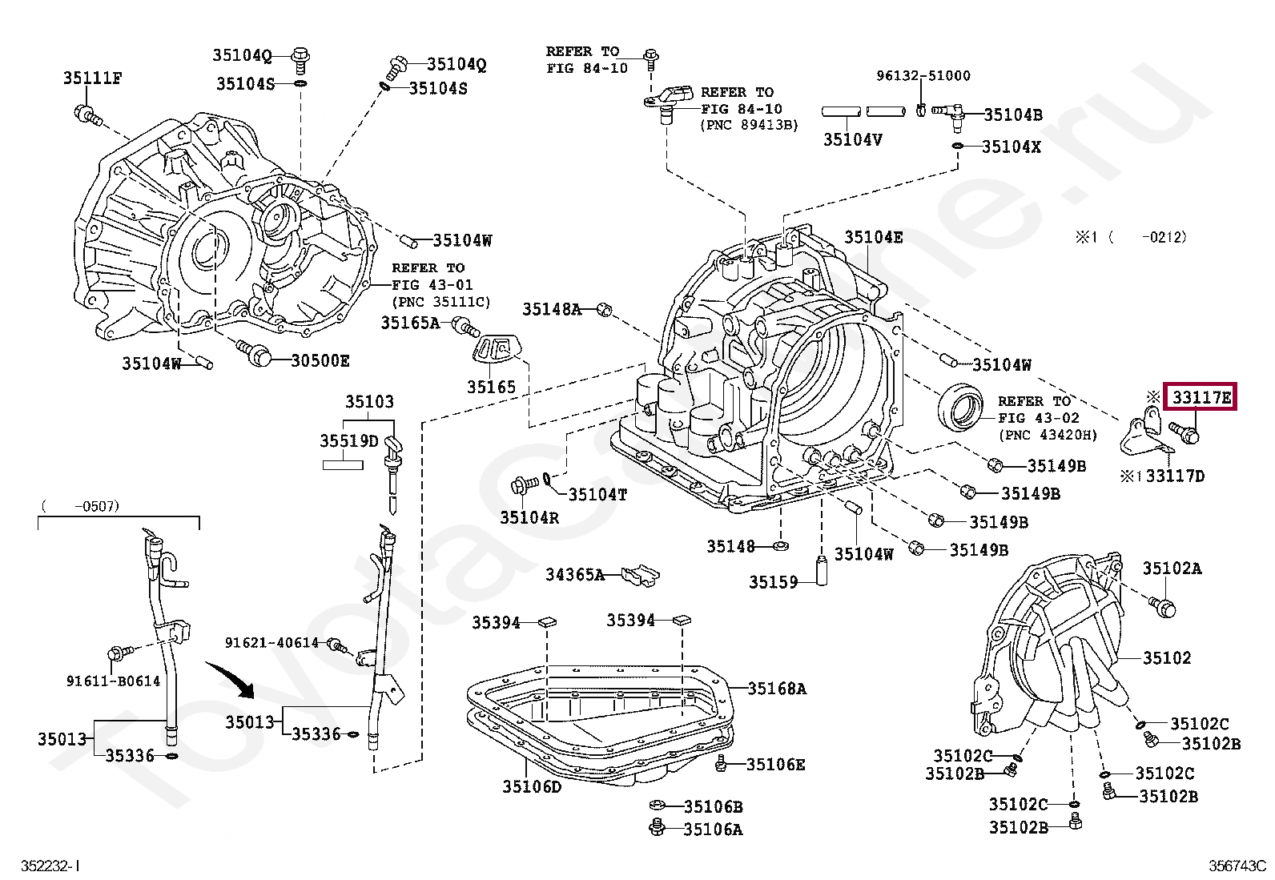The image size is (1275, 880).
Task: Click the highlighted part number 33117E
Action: click(x=1200, y=397)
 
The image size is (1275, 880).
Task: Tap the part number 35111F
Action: click(x=92, y=78)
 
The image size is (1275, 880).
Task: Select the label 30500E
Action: click(x=320, y=360)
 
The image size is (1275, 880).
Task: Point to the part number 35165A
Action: click(x=410, y=323)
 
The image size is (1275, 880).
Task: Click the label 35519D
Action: click(x=349, y=440)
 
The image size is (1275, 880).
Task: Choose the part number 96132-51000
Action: click(x=923, y=76)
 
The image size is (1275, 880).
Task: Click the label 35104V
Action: click(x=853, y=139)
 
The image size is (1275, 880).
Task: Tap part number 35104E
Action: click(x=873, y=237)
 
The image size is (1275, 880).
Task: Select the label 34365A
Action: click(x=575, y=574)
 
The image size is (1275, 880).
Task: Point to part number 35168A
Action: click(x=777, y=689)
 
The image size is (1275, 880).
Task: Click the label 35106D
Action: click(x=532, y=786)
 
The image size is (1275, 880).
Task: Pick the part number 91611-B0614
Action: click(x=113, y=681)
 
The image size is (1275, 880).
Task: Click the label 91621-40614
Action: click(x=271, y=643)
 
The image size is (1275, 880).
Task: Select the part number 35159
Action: click(x=773, y=582)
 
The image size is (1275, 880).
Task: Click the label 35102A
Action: click(x=1172, y=568)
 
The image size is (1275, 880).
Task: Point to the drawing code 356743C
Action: click(x=1237, y=866)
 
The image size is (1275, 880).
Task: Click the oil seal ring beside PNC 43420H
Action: click(x=960, y=407)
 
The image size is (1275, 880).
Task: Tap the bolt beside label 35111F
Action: click(x=88, y=115)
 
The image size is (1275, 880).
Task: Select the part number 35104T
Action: click(x=597, y=494)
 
